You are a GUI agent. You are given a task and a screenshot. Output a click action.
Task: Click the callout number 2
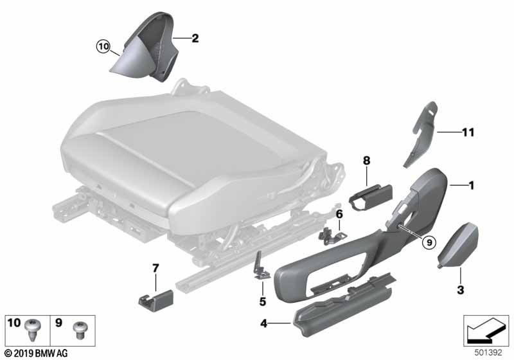(195, 39)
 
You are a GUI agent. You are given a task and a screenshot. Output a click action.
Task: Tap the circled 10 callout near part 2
(103, 46)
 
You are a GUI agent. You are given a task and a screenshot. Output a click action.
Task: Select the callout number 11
(467, 132)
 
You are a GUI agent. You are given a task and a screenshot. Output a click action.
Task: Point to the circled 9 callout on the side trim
(429, 242)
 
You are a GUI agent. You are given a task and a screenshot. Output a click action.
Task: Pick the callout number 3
(460, 291)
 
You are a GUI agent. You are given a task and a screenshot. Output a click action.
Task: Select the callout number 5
(262, 301)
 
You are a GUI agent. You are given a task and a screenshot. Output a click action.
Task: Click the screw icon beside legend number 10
(33, 330)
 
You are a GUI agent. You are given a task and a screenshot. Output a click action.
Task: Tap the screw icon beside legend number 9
(80, 329)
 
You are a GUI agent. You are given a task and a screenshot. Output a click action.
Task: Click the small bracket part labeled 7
(156, 299)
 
